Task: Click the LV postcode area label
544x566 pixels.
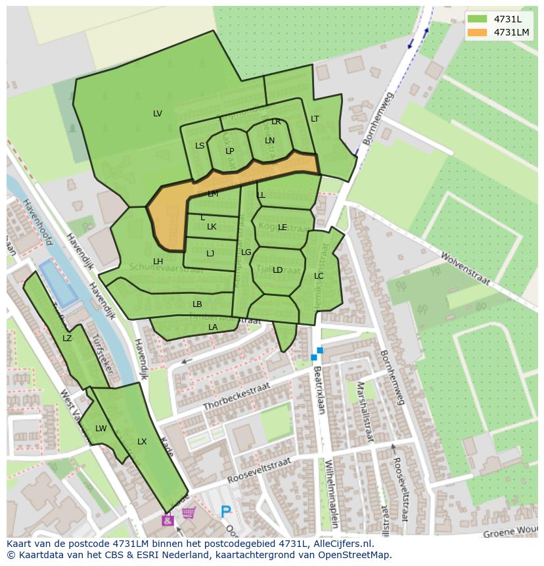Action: click(158, 114)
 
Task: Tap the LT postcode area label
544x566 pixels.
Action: click(315, 119)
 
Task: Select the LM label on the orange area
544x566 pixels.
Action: click(213, 194)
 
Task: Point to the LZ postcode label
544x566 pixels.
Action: click(67, 339)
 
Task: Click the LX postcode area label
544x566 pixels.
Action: click(142, 442)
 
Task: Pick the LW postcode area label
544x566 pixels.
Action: click(101, 429)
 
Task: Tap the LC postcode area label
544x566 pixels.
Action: click(319, 276)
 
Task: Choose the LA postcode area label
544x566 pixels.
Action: click(213, 327)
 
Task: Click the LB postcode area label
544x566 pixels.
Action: click(197, 304)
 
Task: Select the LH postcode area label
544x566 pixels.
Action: click(158, 262)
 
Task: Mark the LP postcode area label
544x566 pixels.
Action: click(230, 151)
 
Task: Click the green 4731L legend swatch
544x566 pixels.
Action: click(478, 19)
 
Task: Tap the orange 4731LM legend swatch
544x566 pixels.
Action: click(478, 32)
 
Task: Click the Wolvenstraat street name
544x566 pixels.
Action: click(465, 268)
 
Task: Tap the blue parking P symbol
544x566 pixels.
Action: click(226, 511)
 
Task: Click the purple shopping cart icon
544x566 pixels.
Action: click(189, 513)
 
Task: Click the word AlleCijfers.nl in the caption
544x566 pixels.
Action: click(343, 544)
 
